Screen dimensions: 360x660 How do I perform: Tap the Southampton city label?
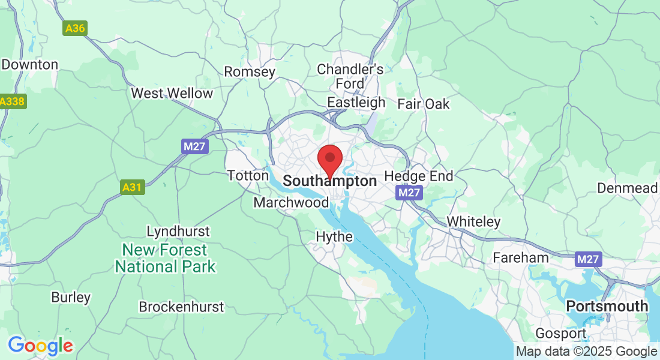click(329, 181)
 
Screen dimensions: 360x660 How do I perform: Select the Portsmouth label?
click(607, 306)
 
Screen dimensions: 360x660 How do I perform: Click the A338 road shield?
click(12, 101)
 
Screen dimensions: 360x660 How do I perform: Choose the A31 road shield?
click(131, 188)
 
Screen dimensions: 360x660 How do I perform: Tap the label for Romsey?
click(250, 72)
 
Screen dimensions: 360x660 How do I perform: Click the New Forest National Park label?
click(165, 257)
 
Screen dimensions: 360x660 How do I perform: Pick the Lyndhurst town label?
click(178, 231)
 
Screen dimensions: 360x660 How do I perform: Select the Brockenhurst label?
click(181, 307)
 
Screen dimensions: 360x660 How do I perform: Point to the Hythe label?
click(334, 237)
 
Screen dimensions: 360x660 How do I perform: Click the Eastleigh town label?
click(356, 102)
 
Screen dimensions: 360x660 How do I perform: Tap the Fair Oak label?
click(424, 104)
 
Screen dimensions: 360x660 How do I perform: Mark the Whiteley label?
click(473, 221)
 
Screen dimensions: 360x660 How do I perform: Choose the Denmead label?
click(627, 188)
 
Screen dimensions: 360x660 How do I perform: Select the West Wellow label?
click(172, 93)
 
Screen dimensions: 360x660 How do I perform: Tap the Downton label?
click(29, 64)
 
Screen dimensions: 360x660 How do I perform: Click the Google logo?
click(40, 346)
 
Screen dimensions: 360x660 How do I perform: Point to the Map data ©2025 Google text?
click(587, 352)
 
